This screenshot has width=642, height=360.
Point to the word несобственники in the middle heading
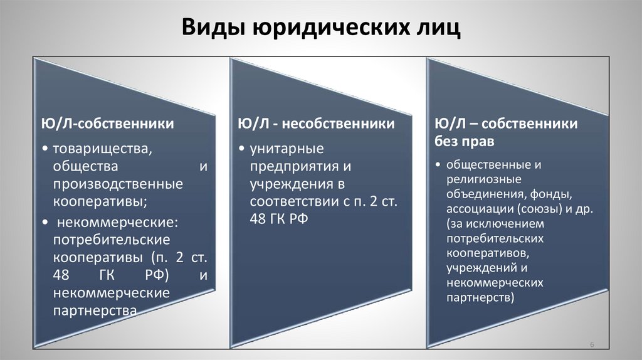(x=343, y=124)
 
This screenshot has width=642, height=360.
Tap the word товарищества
(x=103, y=151)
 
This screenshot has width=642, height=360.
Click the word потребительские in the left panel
(x=103, y=240)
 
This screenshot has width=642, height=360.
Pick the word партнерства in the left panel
(x=94, y=310)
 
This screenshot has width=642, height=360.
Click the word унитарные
(x=287, y=151)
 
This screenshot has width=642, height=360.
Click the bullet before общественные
(x=439, y=165)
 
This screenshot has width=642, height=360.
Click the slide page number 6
(x=592, y=344)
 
